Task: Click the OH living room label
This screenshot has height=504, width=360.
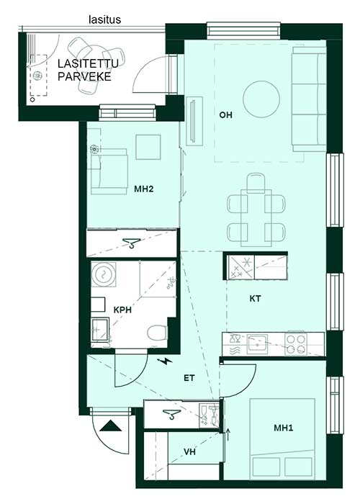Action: pyautogui.click(x=225, y=114)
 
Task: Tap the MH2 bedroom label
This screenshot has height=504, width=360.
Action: pyautogui.click(x=144, y=189)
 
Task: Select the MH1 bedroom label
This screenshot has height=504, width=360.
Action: pyautogui.click(x=284, y=428)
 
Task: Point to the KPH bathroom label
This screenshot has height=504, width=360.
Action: pyautogui.click(x=123, y=310)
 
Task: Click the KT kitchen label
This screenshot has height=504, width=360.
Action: pyautogui.click(x=255, y=299)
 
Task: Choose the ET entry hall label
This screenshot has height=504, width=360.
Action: pyautogui.click(x=189, y=378)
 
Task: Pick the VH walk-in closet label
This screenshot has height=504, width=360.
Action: pyautogui.click(x=189, y=452)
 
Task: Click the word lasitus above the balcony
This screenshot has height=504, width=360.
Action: pyautogui.click(x=105, y=19)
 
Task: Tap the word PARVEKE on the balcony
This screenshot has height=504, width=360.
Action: pyautogui.click(x=84, y=77)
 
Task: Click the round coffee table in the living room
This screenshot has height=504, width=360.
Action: pyautogui.click(x=261, y=99)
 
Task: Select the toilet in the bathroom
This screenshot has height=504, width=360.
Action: pyautogui.click(x=157, y=333)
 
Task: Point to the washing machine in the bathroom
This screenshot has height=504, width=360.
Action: pyautogui.click(x=104, y=274)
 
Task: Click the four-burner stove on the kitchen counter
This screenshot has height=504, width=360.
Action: pyautogui.click(x=296, y=344)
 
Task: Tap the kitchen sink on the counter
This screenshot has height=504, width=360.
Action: pyautogui.click(x=258, y=344)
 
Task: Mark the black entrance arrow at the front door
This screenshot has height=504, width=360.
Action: pyautogui.click(x=111, y=426)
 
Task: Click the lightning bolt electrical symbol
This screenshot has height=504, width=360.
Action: pyautogui.click(x=166, y=362)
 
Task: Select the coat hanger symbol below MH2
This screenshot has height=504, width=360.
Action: pyautogui.click(x=131, y=243)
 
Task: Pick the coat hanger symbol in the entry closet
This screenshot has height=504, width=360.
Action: pyautogui.click(x=171, y=414)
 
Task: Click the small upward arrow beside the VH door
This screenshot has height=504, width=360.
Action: pyautogui.click(x=228, y=435)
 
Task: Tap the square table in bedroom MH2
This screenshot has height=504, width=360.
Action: pyautogui.click(x=148, y=147)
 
